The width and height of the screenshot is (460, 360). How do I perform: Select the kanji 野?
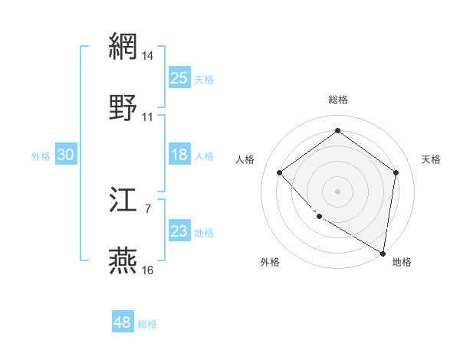[123, 108]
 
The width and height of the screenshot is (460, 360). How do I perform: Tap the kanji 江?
[123, 201]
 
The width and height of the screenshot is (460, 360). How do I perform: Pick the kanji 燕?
[123, 261]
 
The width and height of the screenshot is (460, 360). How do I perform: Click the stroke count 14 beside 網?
[148, 55]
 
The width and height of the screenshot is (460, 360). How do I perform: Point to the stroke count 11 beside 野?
[148, 117]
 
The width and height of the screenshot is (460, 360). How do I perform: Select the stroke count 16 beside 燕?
[148, 270]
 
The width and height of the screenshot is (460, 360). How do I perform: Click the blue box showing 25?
[179, 77]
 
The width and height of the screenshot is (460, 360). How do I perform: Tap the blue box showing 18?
[179, 155]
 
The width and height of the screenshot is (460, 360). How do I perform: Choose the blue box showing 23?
[179, 231]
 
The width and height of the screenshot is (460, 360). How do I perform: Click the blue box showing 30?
[65, 155]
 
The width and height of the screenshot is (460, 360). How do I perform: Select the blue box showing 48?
[123, 322]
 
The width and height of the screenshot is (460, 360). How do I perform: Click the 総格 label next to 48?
[147, 324]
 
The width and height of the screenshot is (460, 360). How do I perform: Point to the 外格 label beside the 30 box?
[41, 155]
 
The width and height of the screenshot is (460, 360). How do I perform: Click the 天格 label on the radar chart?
[431, 159]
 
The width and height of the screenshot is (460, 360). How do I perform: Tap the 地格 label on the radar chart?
[402, 262]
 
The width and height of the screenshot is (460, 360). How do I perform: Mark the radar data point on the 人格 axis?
[280, 172]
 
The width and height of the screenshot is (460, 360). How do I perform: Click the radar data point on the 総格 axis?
[337, 131]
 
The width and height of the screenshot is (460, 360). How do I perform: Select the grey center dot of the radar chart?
[337, 191]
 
